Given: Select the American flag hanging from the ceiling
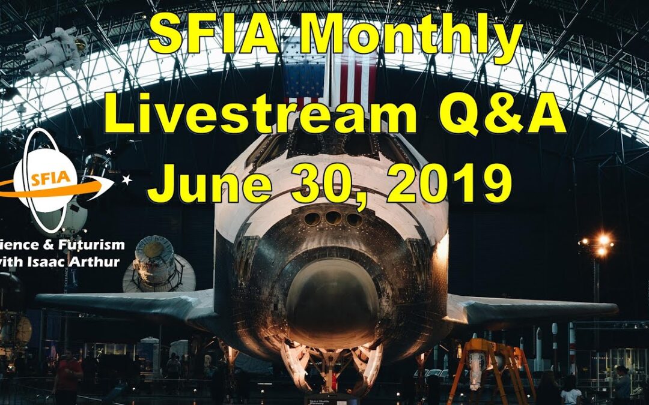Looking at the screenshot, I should (x=331, y=75).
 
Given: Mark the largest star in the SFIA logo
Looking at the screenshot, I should (x=127, y=179).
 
